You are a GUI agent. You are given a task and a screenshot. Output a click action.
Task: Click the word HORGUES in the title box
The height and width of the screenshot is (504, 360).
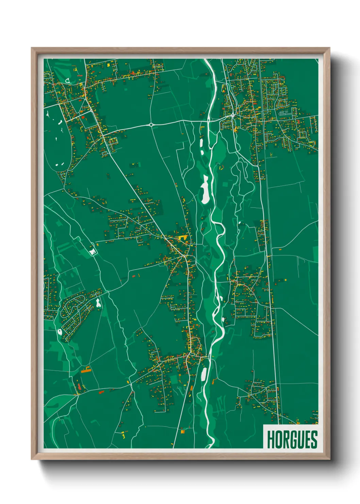tap(292, 439)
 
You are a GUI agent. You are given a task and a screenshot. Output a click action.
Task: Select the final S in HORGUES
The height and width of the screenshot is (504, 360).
tap(314, 439)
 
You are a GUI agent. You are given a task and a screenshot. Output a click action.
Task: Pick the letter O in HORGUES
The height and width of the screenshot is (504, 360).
tap(278, 439)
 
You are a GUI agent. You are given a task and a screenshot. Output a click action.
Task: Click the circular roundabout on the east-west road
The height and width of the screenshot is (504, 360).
tap(151, 125)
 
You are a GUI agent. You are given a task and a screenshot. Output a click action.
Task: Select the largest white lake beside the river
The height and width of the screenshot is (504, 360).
tap(206, 190)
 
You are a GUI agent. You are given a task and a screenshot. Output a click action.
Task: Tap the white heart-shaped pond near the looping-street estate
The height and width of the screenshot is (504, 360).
tap(98, 302)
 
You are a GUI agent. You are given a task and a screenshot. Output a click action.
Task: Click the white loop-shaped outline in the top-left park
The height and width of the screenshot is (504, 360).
tap(68, 81)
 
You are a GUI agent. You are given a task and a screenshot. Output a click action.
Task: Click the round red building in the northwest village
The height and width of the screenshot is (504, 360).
tap(83, 117)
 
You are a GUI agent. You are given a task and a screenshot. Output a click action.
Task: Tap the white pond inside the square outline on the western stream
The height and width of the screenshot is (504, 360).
tap(92, 251)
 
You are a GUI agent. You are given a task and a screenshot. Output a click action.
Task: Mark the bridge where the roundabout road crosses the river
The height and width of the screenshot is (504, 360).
tap(209, 120)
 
